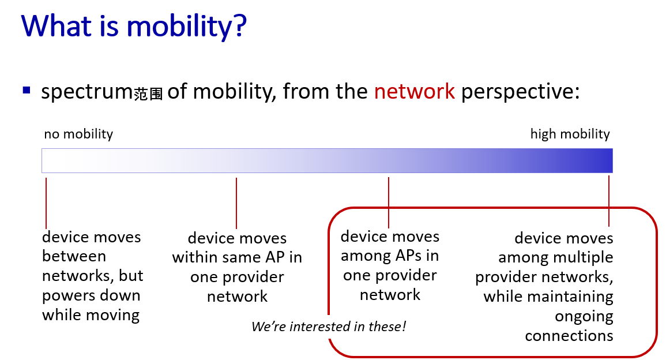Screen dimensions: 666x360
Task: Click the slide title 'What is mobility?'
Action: click(134, 27)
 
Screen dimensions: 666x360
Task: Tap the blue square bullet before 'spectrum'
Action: click(27, 90)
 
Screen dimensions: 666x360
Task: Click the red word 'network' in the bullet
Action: click(414, 91)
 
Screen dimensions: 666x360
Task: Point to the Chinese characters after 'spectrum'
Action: click(148, 93)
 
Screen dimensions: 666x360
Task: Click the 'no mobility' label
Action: click(78, 134)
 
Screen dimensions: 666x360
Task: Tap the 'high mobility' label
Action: click(570, 134)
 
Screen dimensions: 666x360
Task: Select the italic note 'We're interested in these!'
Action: click(328, 327)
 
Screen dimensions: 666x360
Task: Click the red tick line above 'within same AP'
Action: click(236, 203)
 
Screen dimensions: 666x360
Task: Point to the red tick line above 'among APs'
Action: click(389, 202)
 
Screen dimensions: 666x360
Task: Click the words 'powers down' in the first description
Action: click(91, 296)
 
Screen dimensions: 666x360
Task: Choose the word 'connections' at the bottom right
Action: click(569, 336)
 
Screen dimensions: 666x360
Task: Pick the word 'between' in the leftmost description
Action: click(74, 256)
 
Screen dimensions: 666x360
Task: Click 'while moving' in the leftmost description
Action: click(91, 316)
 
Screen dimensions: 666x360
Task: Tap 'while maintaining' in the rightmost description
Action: click(548, 297)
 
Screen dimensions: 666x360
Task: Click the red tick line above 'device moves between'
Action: click(46, 203)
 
